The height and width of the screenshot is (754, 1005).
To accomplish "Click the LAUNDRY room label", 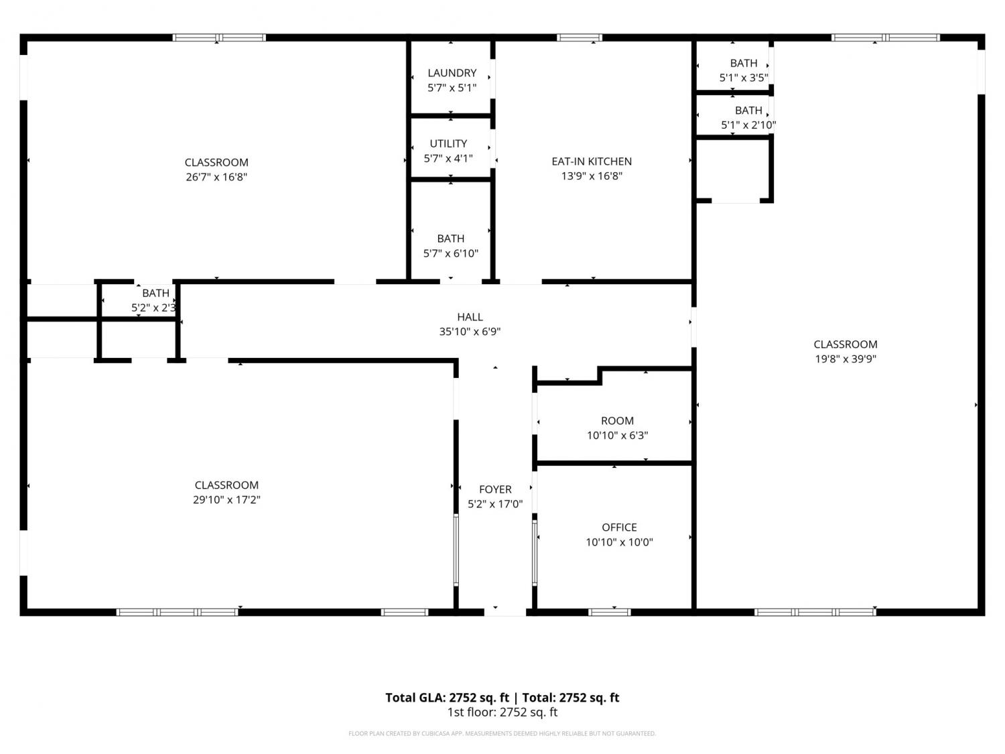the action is click(x=452, y=73).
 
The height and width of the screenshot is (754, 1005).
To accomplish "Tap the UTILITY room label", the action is click(x=448, y=143).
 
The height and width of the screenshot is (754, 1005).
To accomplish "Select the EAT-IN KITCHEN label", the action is click(x=592, y=162).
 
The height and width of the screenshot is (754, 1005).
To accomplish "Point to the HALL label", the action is click(x=470, y=317).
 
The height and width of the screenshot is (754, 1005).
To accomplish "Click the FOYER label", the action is click(x=495, y=489).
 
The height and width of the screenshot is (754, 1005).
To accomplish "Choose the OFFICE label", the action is click(x=619, y=527).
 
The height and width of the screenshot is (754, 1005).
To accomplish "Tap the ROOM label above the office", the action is click(x=617, y=421).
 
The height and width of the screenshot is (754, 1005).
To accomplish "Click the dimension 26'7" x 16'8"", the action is click(x=216, y=177).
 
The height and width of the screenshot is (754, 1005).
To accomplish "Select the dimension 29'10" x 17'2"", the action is click(x=226, y=499).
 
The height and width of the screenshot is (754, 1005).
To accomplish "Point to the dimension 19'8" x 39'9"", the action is click(x=846, y=359).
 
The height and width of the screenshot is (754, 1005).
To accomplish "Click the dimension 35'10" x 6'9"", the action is click(x=470, y=332).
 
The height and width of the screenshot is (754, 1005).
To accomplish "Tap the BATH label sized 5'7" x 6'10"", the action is click(x=450, y=239).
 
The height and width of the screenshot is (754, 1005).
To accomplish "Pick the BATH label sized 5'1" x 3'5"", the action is click(x=744, y=63).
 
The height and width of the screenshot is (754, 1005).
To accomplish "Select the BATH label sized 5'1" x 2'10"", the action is click(x=748, y=111).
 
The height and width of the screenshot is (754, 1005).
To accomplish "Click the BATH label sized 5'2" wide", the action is click(x=155, y=293).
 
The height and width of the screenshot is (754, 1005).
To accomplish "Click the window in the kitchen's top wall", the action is click(x=579, y=38).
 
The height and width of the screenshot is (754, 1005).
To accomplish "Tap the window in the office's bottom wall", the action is click(x=610, y=612).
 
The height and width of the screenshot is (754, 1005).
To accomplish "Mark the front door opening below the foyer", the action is click(x=505, y=612).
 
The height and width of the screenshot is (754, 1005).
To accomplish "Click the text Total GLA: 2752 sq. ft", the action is click(x=447, y=698).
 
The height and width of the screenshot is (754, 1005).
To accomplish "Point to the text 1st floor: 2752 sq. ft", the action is click(x=503, y=712).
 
